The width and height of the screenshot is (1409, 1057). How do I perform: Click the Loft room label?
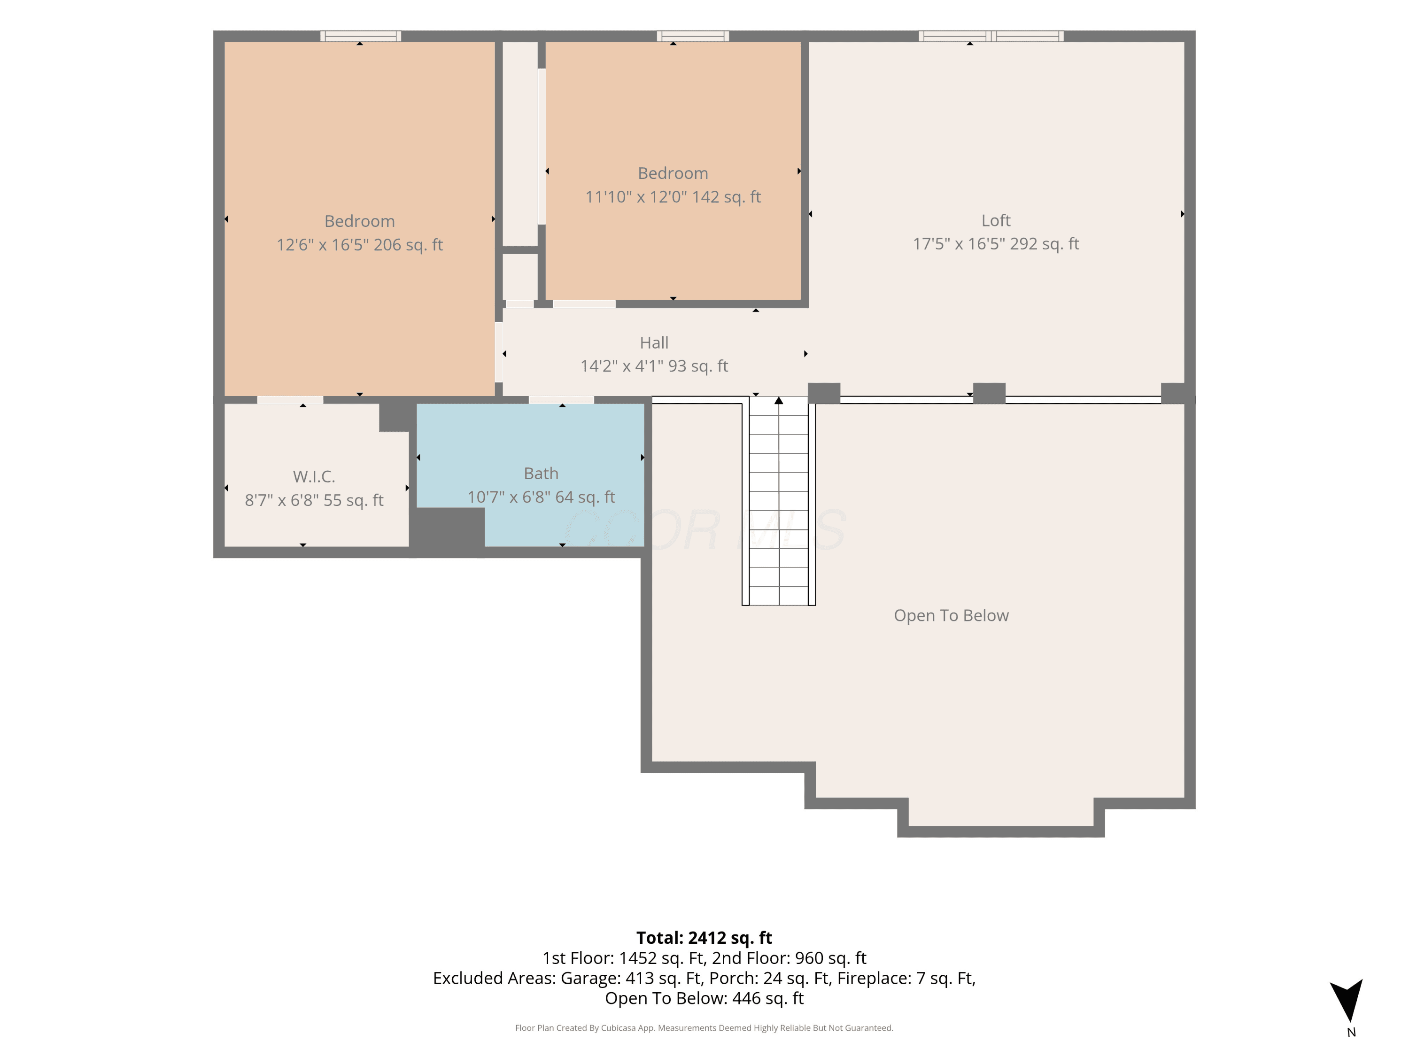coord(996,220)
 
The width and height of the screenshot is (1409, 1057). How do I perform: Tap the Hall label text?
coord(654,343)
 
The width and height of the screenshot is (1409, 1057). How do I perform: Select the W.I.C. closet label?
coord(314,476)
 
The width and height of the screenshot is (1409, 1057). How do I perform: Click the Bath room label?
coord(541,474)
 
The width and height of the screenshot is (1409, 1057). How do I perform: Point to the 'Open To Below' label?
coord(951,615)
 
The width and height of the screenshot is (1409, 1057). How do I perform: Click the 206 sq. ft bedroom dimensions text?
coord(359,245)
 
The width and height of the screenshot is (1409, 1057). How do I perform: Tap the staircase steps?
coord(778,501)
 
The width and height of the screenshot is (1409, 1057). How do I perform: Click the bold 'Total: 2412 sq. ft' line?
coord(704,938)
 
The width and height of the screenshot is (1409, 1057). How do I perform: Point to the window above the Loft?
coord(991,36)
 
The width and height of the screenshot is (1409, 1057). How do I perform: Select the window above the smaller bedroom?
coord(693,36)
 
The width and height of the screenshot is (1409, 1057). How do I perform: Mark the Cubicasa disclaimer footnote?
coord(704,1028)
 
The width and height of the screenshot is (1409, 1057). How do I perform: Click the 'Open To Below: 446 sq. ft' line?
coord(704,998)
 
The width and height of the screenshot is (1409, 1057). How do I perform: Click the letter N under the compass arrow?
coord(1351,1033)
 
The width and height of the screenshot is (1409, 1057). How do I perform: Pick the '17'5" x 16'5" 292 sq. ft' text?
coord(996,244)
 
